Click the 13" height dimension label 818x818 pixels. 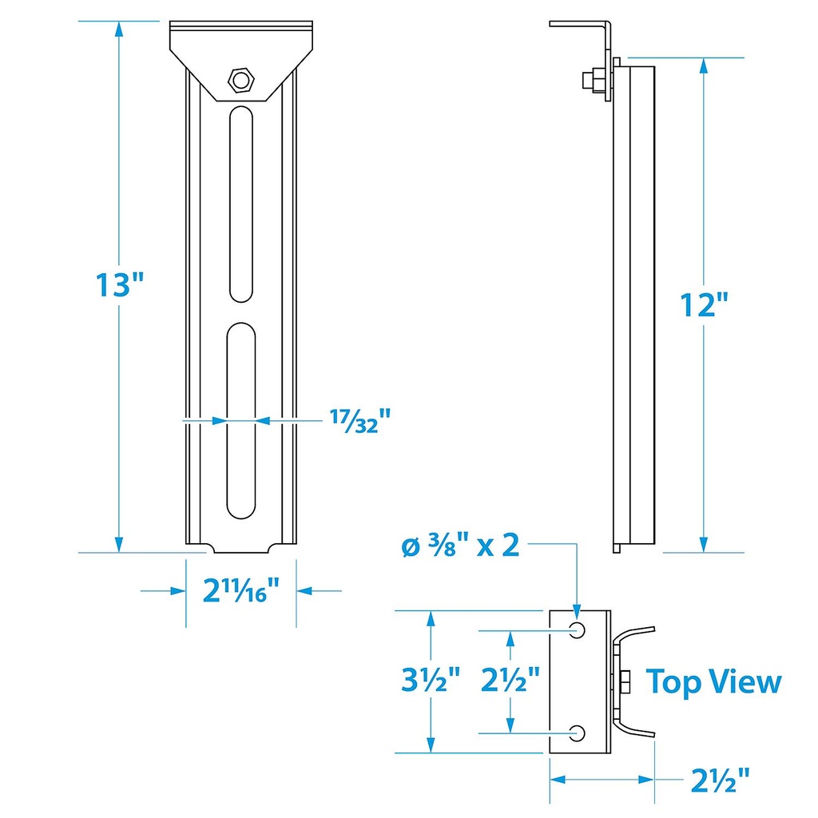[119, 284]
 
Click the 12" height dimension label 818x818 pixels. [703, 304]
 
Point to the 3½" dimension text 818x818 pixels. [431, 681]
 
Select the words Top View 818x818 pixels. [713, 682]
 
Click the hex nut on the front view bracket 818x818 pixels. [240, 79]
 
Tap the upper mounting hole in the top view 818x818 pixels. [578, 630]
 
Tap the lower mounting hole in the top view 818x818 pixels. [578, 732]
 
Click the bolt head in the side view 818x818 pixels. [590, 80]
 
